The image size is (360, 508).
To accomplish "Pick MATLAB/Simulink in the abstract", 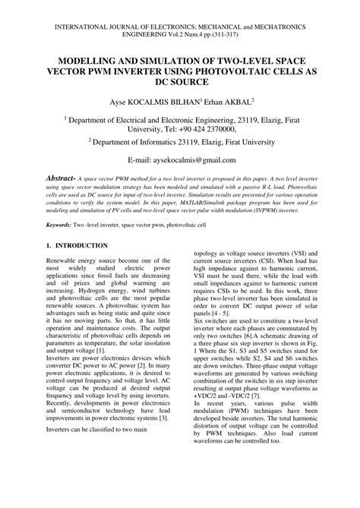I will tap(182, 206).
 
